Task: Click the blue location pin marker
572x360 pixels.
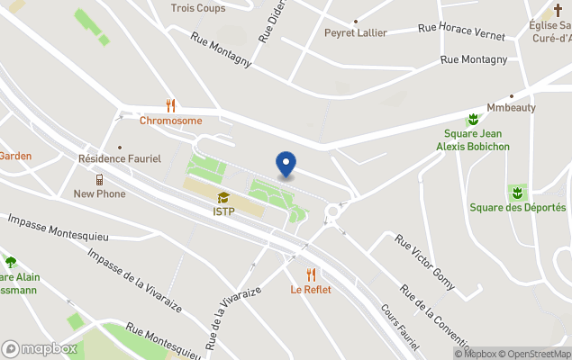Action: [x=286, y=165]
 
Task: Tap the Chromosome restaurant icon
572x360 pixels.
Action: [x=170, y=106]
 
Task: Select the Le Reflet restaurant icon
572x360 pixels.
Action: [x=311, y=275]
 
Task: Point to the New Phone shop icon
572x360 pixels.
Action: [x=99, y=180]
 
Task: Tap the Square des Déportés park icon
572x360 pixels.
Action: [x=517, y=193]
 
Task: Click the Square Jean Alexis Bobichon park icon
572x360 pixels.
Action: [x=472, y=120]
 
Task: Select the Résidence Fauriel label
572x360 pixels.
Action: [x=119, y=158]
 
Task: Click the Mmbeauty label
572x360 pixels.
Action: [x=511, y=107]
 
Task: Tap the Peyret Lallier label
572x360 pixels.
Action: [x=356, y=33]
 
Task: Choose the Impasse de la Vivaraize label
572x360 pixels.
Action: [x=134, y=280]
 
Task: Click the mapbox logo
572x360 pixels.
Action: [x=39, y=348]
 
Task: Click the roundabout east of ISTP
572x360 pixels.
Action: [x=336, y=212]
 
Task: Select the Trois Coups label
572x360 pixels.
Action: [x=198, y=8]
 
